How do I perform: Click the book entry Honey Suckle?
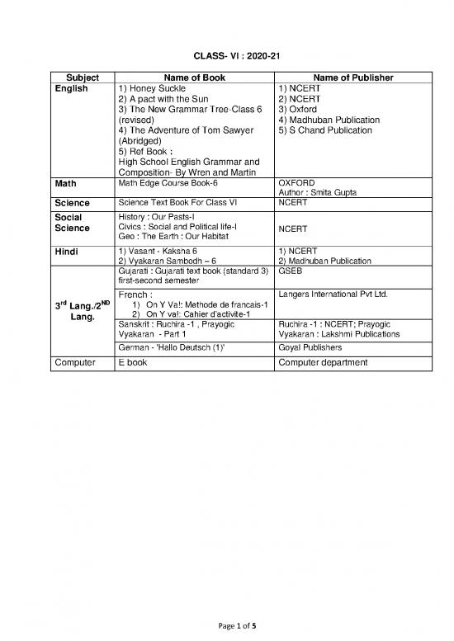153,87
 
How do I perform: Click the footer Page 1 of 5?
227,625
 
